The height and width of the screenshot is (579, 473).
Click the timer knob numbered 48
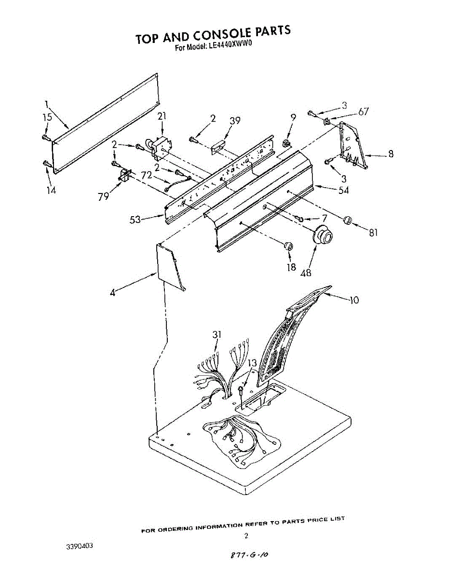pos(323,235)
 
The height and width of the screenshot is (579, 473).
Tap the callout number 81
pos(373,233)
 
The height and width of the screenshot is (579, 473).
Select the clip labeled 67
pos(327,120)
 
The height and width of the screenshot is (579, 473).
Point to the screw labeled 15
pos(45,138)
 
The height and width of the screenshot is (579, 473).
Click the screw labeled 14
pos(46,165)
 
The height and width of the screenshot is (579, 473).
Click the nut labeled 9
pos(286,143)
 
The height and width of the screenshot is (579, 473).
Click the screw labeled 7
pos(300,220)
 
